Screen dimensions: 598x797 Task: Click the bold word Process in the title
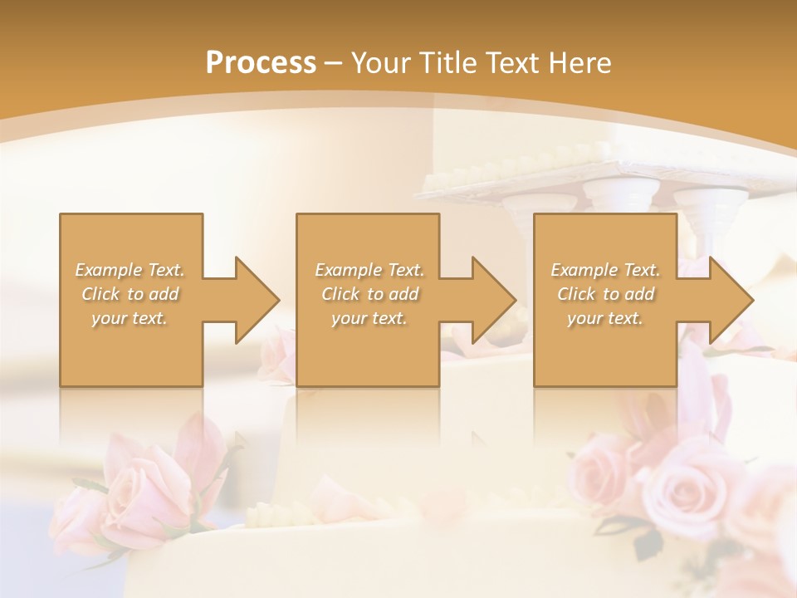pos(261,62)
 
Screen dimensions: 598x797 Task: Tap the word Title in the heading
pos(446,62)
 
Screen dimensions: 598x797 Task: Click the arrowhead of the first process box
pos(254,300)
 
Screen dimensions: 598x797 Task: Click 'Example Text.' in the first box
pos(130,270)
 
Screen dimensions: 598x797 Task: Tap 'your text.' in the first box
pos(130,318)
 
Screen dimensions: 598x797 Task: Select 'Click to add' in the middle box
pos(369,294)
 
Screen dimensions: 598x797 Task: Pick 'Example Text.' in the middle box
pos(369,270)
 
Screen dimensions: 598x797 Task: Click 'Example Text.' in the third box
pos(605,270)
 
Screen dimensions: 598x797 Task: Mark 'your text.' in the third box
pos(605,318)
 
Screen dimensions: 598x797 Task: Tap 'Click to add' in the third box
pos(605,294)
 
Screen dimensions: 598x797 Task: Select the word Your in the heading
pos(382,63)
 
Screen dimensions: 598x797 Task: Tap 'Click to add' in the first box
pos(130,294)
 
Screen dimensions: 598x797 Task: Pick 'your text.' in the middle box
pos(369,318)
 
